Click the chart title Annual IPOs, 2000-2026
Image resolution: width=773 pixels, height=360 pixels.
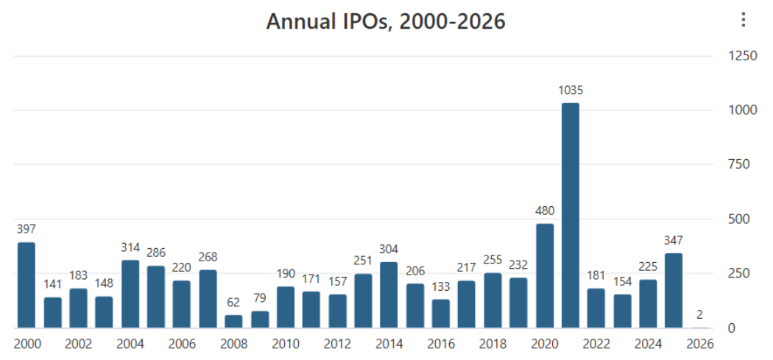point(386,21)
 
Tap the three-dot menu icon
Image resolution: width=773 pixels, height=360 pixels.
point(744,20)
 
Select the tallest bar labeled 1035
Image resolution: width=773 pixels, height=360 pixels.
point(571,216)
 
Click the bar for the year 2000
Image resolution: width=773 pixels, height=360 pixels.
point(27,285)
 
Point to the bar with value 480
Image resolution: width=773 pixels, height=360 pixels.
point(545,275)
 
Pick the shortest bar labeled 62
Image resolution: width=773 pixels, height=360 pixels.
point(233,322)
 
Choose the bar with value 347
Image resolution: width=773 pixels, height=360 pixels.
point(674,291)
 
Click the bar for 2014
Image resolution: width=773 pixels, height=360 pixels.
point(389,295)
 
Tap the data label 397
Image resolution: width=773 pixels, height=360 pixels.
point(27,229)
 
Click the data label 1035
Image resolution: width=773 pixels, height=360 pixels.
point(571,91)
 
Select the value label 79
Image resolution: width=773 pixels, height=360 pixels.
point(259,299)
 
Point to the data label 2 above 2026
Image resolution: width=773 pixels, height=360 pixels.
point(699,314)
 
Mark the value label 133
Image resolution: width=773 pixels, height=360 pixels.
point(441,287)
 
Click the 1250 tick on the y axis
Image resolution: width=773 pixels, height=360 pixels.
point(742,56)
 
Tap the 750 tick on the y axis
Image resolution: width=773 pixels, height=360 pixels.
point(739,165)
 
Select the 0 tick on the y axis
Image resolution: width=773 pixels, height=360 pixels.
point(731,328)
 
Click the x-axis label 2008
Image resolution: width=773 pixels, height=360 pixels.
point(233,345)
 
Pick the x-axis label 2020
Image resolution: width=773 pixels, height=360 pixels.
point(545,345)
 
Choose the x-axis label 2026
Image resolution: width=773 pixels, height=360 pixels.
point(699,345)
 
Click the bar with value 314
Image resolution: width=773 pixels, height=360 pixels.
point(130,294)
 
